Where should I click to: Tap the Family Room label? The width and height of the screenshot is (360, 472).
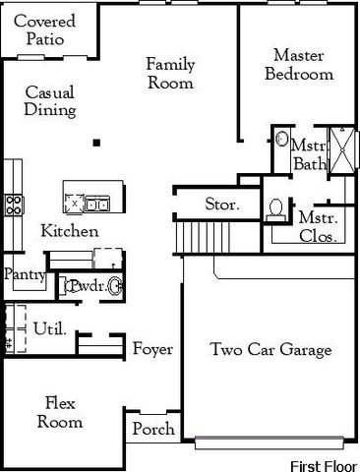coord(170,74)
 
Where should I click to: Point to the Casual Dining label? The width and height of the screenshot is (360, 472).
coord(49,100)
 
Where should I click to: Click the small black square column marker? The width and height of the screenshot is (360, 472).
coord(96,144)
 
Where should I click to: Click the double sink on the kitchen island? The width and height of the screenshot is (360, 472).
coord(96,204)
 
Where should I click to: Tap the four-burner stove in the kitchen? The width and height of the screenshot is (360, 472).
coord(15,205)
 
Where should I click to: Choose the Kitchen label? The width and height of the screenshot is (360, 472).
coord(69,232)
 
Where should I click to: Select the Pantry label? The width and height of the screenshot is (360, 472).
coord(24,275)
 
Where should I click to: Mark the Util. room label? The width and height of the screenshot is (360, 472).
coord(49,327)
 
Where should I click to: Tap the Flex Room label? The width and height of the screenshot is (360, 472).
coord(60,412)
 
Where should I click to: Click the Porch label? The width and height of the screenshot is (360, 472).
coord(152,429)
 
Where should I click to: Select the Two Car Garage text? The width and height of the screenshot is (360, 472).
coord(270,350)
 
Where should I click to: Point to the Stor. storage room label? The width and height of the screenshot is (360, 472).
coord(218,206)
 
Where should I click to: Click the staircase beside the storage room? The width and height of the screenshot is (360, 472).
coord(194,237)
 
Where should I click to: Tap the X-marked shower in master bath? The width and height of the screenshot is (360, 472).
coord(343,149)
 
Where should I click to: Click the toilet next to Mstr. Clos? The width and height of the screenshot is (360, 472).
coord(277,209)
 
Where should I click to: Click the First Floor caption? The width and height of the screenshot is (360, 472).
coord(324,462)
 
